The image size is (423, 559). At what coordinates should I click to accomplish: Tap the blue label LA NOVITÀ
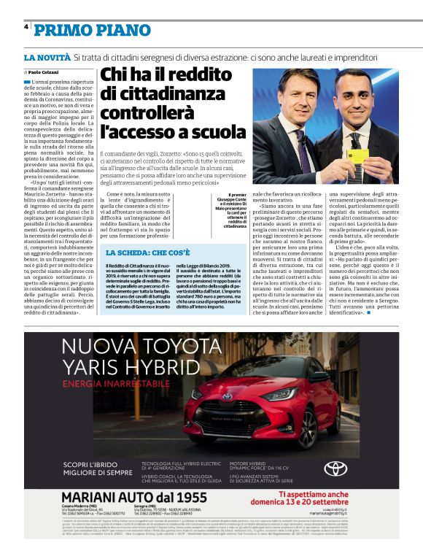click(46, 57)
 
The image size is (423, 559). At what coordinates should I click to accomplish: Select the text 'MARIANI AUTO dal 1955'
click(127, 498)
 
